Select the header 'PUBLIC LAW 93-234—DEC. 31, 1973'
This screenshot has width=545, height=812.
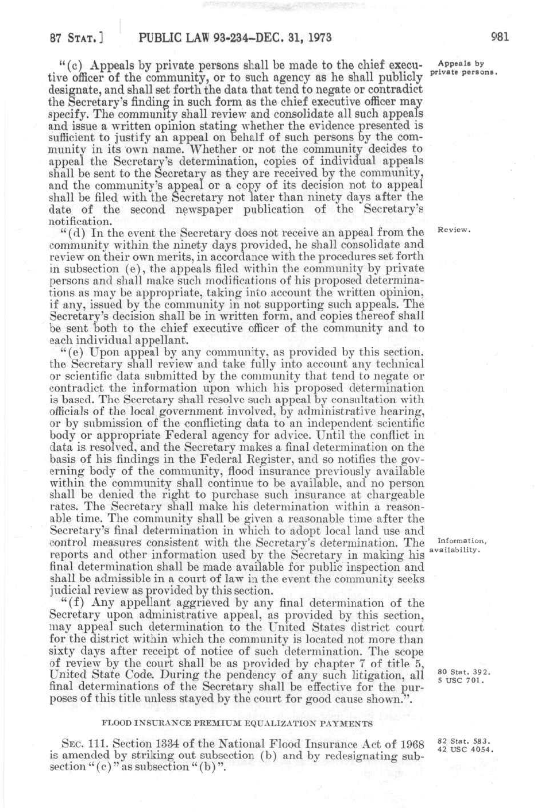click(235, 38)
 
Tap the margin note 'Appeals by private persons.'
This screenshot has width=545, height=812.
click(466, 68)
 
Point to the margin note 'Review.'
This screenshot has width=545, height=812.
click(454, 230)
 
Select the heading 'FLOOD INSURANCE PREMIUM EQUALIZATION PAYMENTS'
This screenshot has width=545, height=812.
click(237, 722)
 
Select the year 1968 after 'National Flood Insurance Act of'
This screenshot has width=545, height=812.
click(409, 745)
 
